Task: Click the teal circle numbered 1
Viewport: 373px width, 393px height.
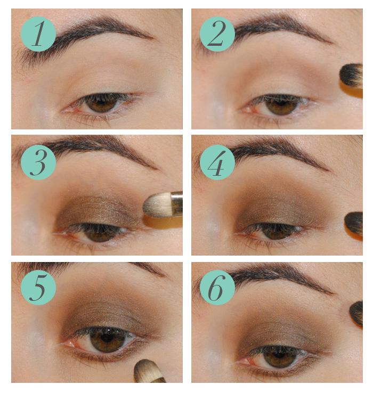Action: (x=38, y=34)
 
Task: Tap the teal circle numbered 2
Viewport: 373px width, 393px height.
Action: (x=217, y=34)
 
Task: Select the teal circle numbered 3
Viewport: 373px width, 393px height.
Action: (x=38, y=162)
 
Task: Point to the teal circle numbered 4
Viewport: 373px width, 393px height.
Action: (x=217, y=162)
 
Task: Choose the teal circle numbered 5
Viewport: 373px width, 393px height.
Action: (x=38, y=288)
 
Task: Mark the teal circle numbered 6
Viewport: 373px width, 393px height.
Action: (x=217, y=288)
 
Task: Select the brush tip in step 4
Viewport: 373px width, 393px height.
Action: (x=354, y=223)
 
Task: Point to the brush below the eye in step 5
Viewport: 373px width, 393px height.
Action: (x=148, y=372)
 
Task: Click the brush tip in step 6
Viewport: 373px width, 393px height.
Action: (x=356, y=313)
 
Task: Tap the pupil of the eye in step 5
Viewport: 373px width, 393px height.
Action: (x=107, y=338)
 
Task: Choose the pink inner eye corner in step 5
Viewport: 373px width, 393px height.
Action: (x=69, y=342)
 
